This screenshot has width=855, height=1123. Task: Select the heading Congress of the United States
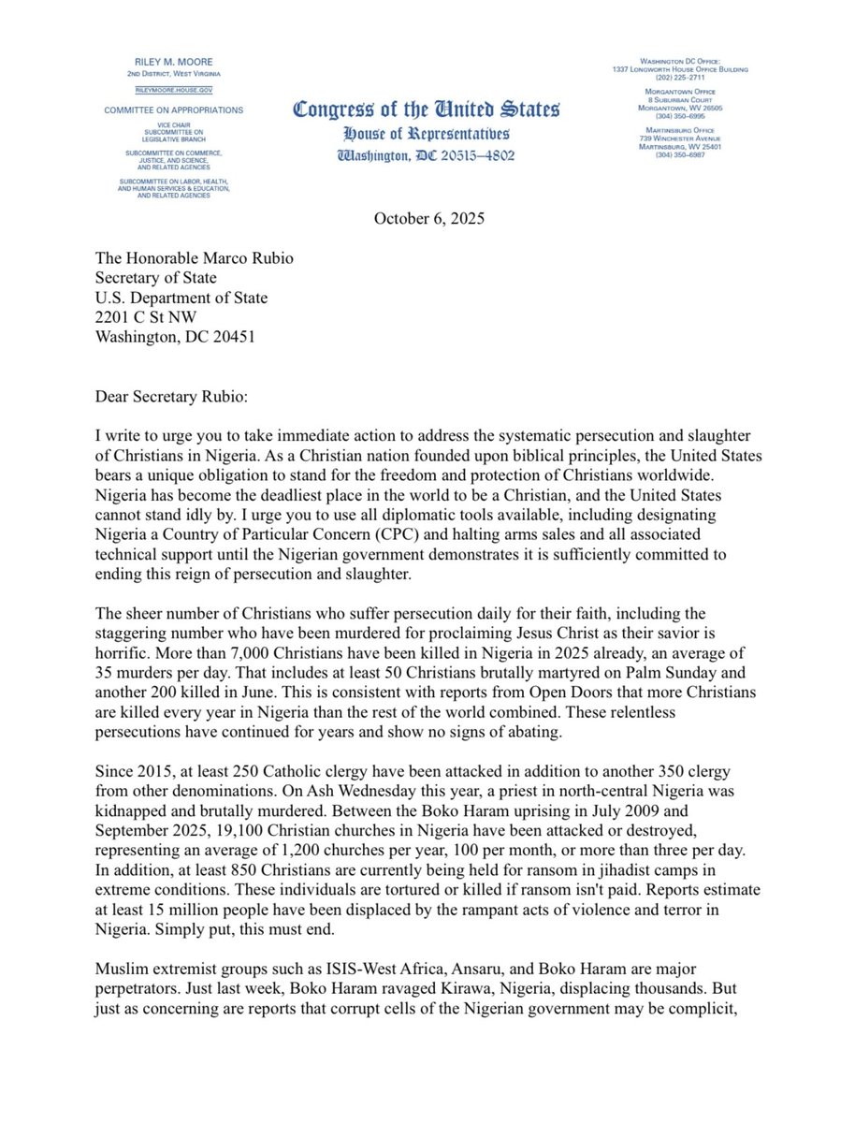[427, 109]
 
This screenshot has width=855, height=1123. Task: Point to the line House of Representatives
[427, 134]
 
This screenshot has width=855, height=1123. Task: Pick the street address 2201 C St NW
[142, 318]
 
